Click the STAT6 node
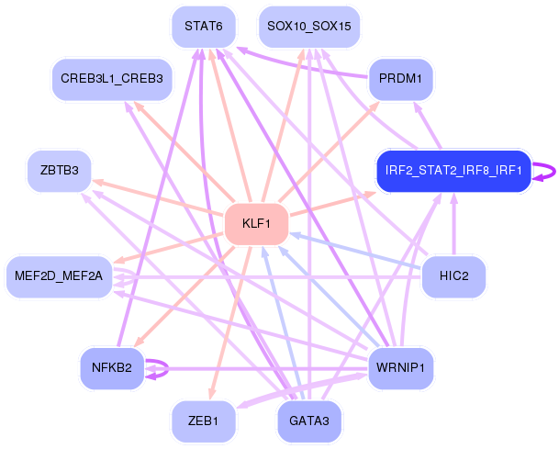pyautogui.click(x=204, y=27)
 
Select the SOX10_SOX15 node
pyautogui.click(x=309, y=27)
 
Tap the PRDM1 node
pyautogui.click(x=401, y=79)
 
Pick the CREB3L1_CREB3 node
pyautogui.click(x=112, y=79)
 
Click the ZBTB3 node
pyautogui.click(x=59, y=171)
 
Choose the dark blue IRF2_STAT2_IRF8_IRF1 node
pyautogui.click(x=453, y=171)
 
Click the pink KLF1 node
pyautogui.click(x=256, y=224)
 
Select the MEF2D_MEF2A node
pyautogui.click(x=59, y=276)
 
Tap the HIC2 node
pyautogui.click(x=453, y=276)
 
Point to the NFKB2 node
pyautogui.click(x=112, y=368)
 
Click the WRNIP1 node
pyautogui.click(x=401, y=368)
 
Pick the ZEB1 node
pyautogui.click(x=204, y=421)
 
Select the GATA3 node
pyautogui.click(x=309, y=421)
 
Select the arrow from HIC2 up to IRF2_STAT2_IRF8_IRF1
pyautogui.click(x=453, y=224)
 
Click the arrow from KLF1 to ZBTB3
pyautogui.click(x=158, y=197)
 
